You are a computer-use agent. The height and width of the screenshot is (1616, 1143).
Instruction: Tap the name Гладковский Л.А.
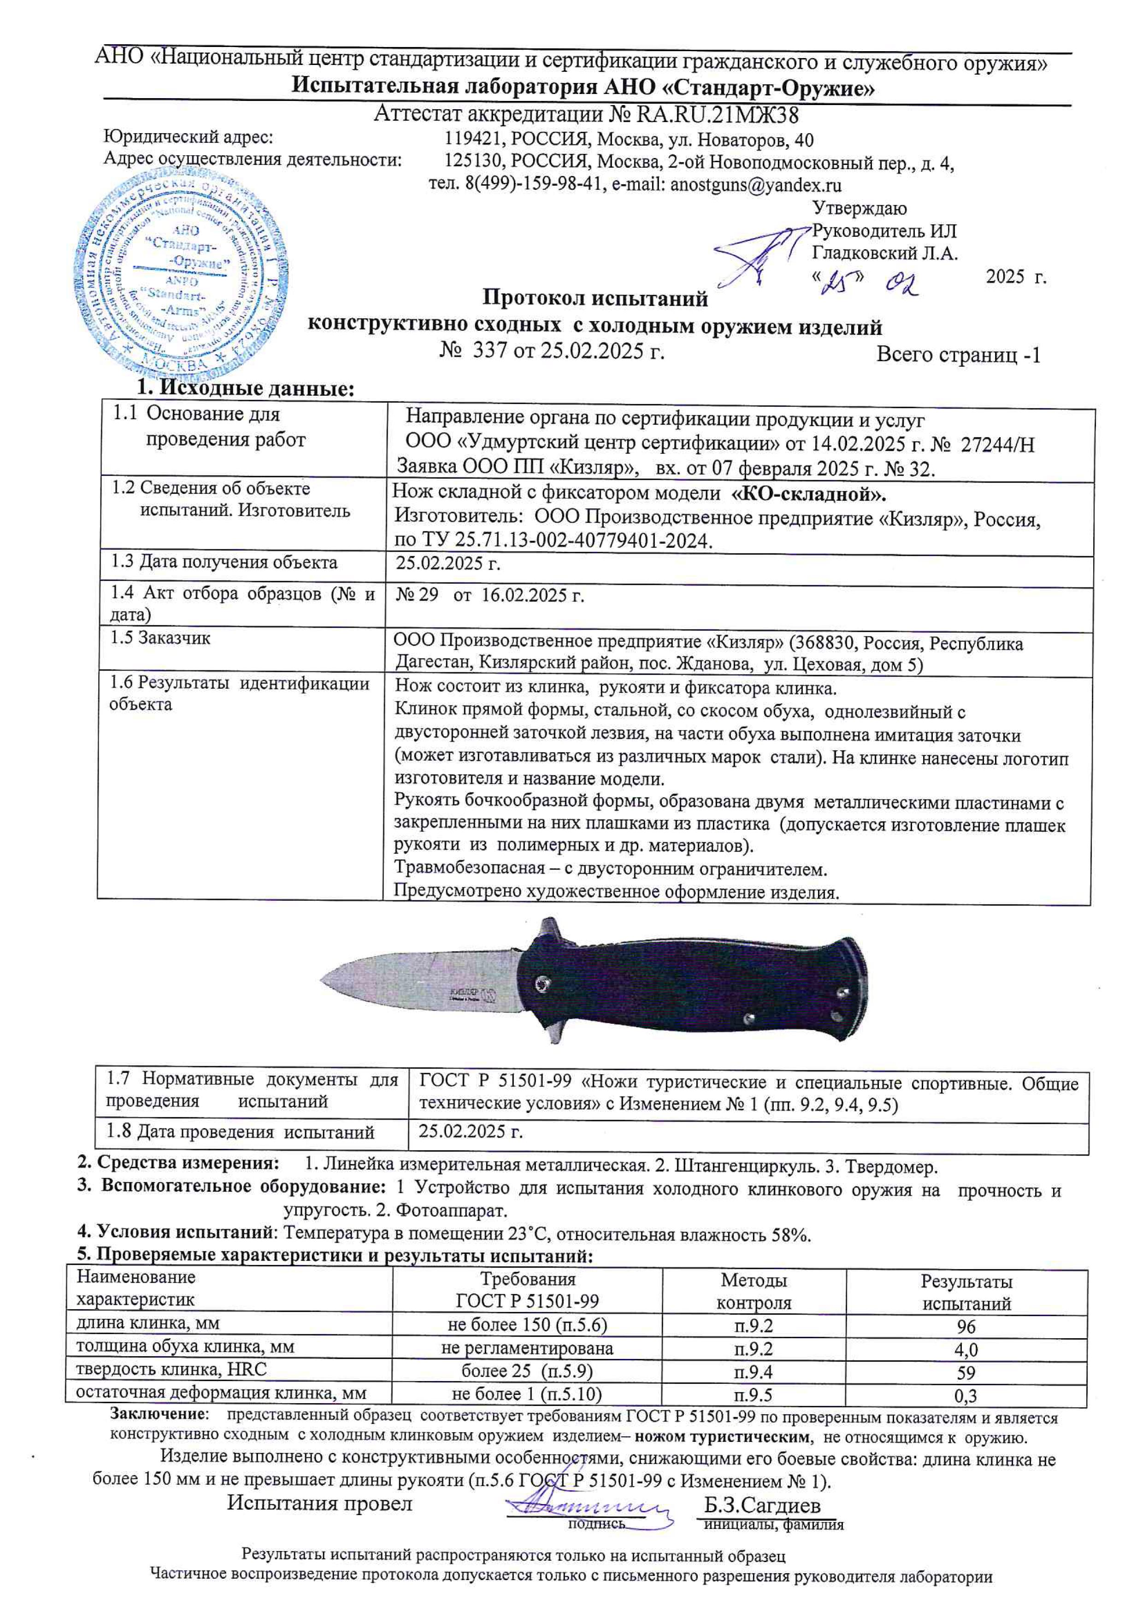click(x=885, y=253)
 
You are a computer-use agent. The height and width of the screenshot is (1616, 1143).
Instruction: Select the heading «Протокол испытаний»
click(x=595, y=299)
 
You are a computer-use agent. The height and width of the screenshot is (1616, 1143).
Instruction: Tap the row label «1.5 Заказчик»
click(x=160, y=638)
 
